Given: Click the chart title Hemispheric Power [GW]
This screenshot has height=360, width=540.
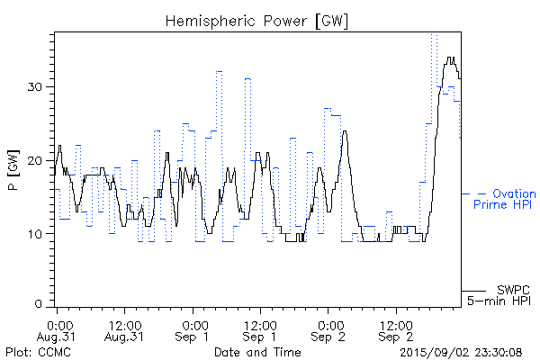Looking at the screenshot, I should coord(257,20).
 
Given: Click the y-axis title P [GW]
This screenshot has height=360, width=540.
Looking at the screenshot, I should coord(13,170).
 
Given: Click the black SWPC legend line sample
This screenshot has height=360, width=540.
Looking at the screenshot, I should coord(473,291).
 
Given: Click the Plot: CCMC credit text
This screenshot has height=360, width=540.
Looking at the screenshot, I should coord(39,351).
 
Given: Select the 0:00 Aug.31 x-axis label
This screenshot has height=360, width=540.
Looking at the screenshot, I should coord(58,329).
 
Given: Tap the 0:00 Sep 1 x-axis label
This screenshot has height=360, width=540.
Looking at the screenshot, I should coord(193,329).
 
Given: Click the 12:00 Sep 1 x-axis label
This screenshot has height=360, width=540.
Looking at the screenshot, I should coord(260,329).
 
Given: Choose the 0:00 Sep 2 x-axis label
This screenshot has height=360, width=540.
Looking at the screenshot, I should coord(328,329).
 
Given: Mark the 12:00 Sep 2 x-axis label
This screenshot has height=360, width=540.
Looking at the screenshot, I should coord(395,329).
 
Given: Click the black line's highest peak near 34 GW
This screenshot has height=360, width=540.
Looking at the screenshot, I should coord(451,58).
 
